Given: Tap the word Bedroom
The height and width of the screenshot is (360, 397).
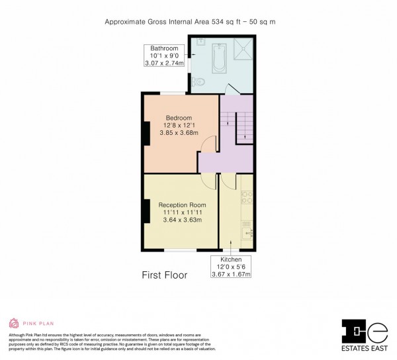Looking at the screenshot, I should [x=179, y=118].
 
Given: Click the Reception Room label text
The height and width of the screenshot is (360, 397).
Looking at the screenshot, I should [x=181, y=205].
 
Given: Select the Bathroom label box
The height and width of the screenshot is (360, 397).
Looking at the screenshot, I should [x=164, y=56].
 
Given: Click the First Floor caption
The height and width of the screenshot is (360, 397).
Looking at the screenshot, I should [x=164, y=275].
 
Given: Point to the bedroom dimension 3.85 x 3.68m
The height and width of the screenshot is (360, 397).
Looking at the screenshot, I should [x=179, y=133].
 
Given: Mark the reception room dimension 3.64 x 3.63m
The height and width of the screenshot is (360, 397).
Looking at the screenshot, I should [x=181, y=220].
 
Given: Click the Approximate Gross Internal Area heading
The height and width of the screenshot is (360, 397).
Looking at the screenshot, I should [x=199, y=22].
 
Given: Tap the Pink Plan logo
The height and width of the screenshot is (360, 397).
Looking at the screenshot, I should [x=26, y=324].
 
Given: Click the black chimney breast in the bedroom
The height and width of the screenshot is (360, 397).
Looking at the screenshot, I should [x=145, y=132].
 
